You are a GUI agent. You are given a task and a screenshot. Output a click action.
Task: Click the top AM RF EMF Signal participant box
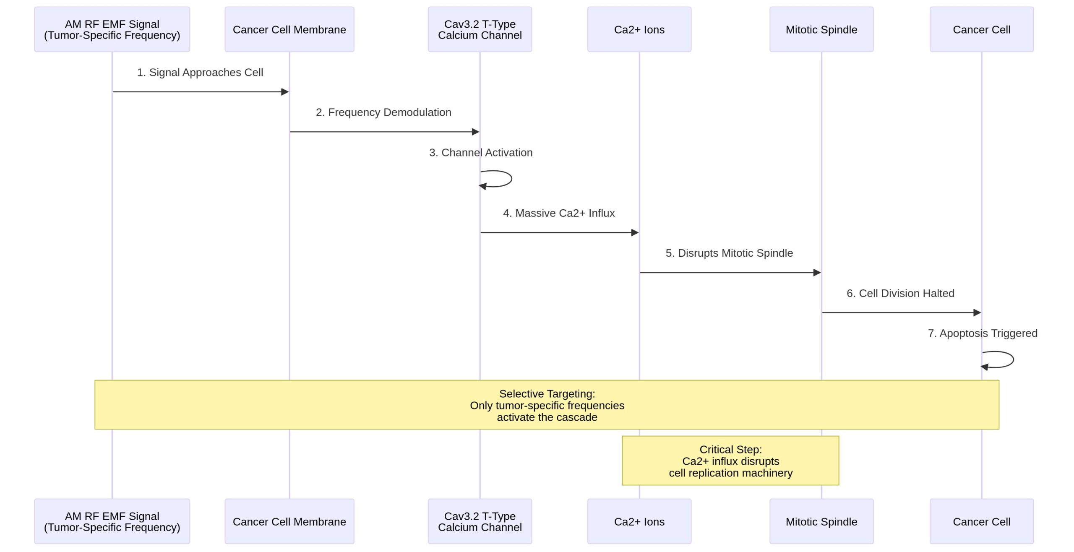(112, 29)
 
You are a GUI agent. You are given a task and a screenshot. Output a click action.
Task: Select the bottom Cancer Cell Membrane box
(289, 521)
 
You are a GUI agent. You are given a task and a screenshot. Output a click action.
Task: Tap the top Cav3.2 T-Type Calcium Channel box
(480, 29)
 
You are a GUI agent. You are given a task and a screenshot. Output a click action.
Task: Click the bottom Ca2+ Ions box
(639, 521)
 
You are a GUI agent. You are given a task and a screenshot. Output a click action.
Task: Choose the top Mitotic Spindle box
(821, 29)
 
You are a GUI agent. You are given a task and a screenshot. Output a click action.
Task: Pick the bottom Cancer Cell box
(981, 521)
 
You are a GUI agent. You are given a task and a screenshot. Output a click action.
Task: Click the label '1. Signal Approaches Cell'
(200, 72)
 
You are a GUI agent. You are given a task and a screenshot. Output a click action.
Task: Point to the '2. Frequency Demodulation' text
(383, 112)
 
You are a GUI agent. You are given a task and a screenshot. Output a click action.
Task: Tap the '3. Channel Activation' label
(481, 153)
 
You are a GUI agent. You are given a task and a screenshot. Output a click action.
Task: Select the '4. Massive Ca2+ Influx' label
(559, 213)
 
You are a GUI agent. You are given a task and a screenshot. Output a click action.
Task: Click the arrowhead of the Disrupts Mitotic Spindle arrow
(817, 273)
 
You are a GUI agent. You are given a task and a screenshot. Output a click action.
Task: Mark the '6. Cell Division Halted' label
(900, 293)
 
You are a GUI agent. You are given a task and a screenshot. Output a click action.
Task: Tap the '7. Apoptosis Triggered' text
(983, 333)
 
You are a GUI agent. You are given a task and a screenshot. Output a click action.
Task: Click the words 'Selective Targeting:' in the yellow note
(547, 394)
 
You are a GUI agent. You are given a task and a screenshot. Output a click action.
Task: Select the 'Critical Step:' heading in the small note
(730, 450)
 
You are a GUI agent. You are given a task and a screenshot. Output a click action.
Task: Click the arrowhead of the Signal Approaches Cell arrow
(285, 92)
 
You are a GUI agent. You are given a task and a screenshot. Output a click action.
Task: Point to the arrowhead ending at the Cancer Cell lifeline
(977, 312)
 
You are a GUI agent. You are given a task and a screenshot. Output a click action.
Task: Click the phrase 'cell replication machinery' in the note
(730, 473)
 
